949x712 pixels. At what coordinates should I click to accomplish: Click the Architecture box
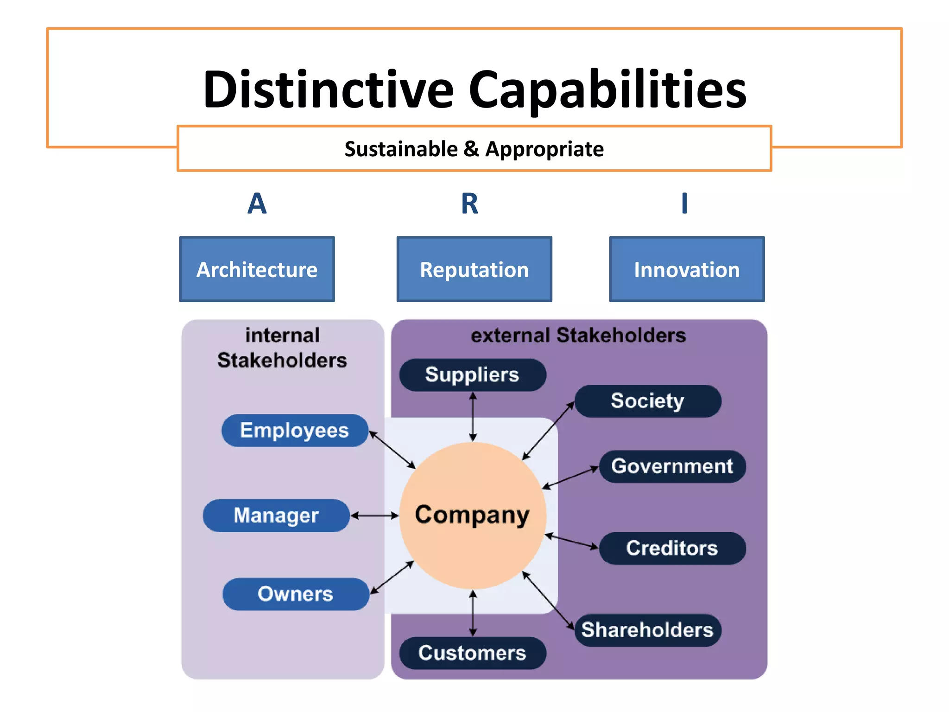pyautogui.click(x=257, y=269)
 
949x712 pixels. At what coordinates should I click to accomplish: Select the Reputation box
pyautogui.click(x=474, y=269)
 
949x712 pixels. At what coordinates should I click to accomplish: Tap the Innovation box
pyautogui.click(x=686, y=269)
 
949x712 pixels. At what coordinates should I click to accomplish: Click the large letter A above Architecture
pyautogui.click(x=257, y=203)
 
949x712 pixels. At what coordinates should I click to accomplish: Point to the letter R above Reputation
pyautogui.click(x=469, y=203)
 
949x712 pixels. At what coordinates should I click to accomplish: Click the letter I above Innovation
pyautogui.click(x=684, y=203)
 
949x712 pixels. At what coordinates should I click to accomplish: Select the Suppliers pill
pyautogui.click(x=472, y=375)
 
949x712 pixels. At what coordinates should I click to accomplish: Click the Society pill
pyautogui.click(x=647, y=401)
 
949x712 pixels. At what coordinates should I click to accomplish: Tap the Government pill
pyautogui.click(x=672, y=466)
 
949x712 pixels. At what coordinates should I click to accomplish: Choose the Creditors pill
pyautogui.click(x=672, y=548)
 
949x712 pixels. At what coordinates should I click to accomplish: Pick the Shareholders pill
pyautogui.click(x=647, y=630)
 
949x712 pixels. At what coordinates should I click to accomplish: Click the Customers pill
pyautogui.click(x=472, y=653)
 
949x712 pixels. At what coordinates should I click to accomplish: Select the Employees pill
pyautogui.click(x=295, y=431)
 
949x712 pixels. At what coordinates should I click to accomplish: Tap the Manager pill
pyautogui.click(x=276, y=515)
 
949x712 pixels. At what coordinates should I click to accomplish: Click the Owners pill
pyautogui.click(x=296, y=594)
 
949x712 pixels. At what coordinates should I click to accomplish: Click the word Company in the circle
pyautogui.click(x=472, y=515)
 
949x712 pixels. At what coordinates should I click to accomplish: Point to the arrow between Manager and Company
pyautogui.click(x=374, y=515)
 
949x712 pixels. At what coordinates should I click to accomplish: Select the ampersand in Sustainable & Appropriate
pyautogui.click(x=471, y=149)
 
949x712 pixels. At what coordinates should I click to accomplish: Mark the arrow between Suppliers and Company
pyautogui.click(x=473, y=416)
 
